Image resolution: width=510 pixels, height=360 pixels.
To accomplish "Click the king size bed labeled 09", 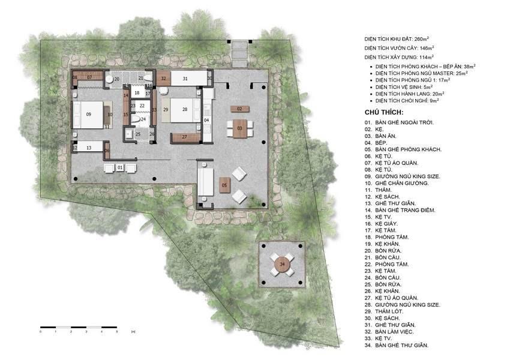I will pyautogui.click(x=88, y=113).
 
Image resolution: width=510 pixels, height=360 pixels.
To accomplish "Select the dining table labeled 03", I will pyautogui.click(x=239, y=128).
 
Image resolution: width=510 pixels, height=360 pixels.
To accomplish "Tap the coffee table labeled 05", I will pyautogui.click(x=224, y=185).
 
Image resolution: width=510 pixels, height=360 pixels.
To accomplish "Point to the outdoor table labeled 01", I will pyautogui.click(x=120, y=167).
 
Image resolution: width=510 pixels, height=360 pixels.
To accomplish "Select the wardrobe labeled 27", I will pyautogui.click(x=185, y=137).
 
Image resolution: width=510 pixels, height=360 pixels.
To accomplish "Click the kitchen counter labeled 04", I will pyautogui.click(x=206, y=120).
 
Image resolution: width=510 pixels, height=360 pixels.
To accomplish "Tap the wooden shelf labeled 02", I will pyautogui.click(x=239, y=109).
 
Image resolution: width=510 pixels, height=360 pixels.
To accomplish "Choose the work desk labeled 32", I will pyautogui.click(x=163, y=78).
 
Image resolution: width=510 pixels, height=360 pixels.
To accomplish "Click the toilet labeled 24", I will pyautogui.click(x=143, y=119).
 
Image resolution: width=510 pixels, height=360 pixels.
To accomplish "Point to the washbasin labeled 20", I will pyautogui.click(x=116, y=79).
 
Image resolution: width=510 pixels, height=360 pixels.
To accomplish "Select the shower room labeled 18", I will pyautogui.click(x=137, y=93).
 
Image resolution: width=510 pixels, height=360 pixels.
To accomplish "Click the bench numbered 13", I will pyautogui.click(x=88, y=147).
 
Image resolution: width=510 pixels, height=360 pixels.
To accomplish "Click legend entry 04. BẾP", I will pyautogui.click(x=378, y=142).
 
